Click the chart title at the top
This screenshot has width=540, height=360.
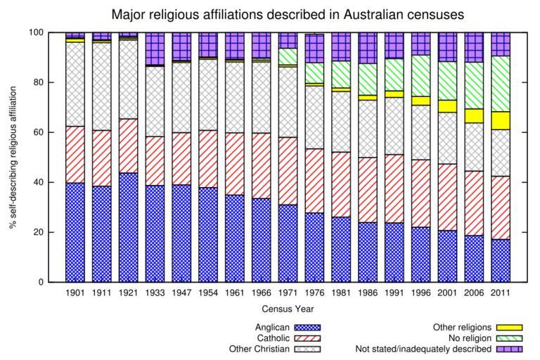tap(288, 14)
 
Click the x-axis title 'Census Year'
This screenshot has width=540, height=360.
tap(288, 309)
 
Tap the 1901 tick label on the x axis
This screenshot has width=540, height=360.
tap(75, 292)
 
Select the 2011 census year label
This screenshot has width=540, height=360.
tap(500, 292)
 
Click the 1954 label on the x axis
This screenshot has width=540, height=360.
tap(208, 292)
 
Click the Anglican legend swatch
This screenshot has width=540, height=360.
tap(307, 327)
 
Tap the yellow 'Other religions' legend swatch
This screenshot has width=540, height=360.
tap(509, 327)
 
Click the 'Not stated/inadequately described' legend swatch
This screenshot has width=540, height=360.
tap(509, 349)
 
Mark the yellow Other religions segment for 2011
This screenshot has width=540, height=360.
tap(500, 120)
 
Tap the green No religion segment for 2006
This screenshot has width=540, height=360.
tap(473, 85)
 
